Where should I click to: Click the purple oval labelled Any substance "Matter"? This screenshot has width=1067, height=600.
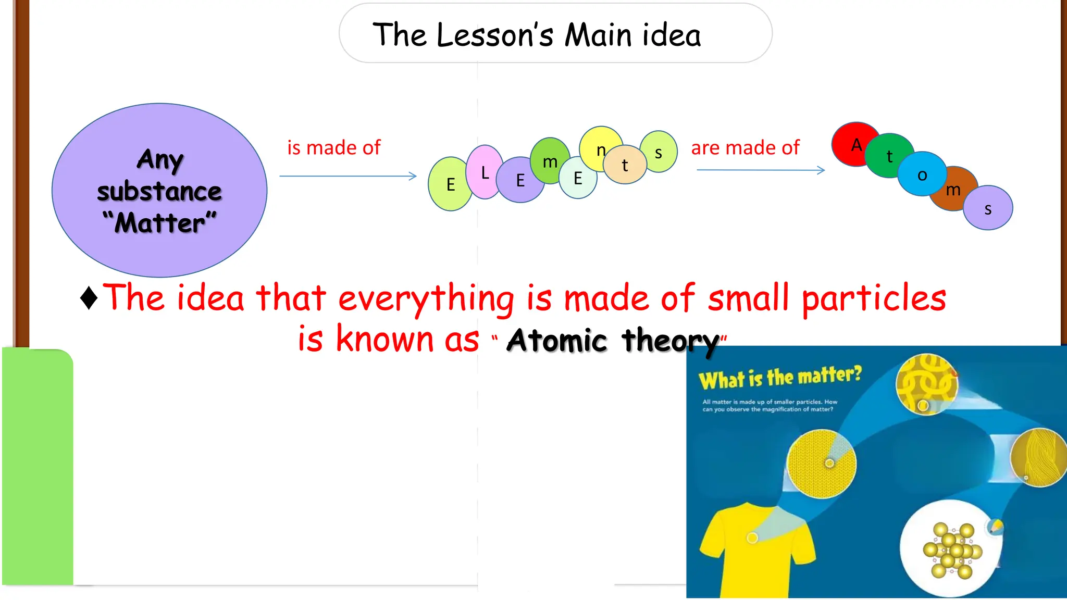159,191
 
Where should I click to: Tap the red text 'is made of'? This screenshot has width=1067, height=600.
334,148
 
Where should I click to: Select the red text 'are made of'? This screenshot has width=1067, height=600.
745,148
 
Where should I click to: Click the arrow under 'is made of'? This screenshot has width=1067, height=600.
348,176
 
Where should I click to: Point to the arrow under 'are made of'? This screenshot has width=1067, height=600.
761,170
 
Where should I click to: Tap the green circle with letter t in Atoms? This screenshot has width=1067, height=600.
890,155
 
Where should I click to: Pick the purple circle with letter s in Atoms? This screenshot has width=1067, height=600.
988,208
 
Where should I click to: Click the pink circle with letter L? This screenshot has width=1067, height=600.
485,172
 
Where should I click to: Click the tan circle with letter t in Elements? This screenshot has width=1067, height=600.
625,165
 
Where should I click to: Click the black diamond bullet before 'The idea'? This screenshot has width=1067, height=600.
89,298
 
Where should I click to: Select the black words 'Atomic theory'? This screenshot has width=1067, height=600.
613,341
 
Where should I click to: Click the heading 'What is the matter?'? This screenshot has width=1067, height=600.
780,377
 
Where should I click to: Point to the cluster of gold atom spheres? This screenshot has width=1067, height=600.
951,550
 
